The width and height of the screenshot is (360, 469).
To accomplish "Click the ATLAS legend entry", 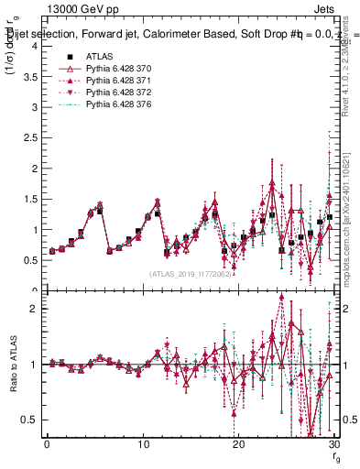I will (x=99, y=57).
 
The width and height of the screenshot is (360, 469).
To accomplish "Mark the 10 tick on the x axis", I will (x=143, y=444).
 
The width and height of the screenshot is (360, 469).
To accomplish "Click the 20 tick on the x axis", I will (x=239, y=444).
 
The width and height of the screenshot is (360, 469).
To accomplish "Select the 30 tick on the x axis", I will (x=334, y=444).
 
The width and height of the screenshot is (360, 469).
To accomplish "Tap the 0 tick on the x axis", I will (x=47, y=444).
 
